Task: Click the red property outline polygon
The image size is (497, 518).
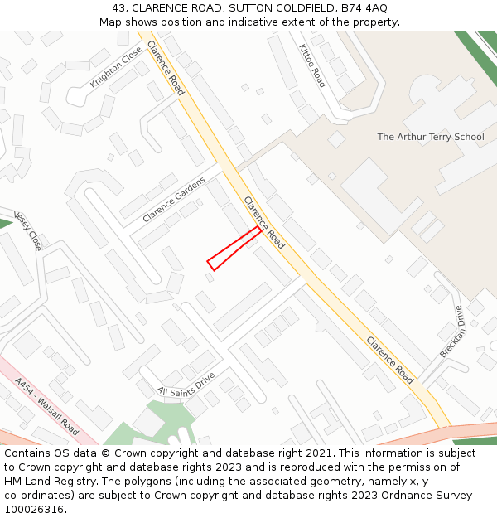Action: click(x=234, y=249)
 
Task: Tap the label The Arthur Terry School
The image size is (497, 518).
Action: click(x=431, y=137)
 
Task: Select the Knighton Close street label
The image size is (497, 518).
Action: click(x=116, y=67)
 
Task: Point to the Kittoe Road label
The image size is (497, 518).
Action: click(x=312, y=65)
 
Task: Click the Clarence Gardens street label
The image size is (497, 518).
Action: click(x=173, y=200)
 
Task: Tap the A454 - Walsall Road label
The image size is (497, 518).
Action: click(x=47, y=407)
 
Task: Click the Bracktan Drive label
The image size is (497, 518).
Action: click(x=453, y=332)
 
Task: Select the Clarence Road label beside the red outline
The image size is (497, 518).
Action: click(x=263, y=222)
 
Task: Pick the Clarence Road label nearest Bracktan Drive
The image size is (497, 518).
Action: click(x=389, y=361)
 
